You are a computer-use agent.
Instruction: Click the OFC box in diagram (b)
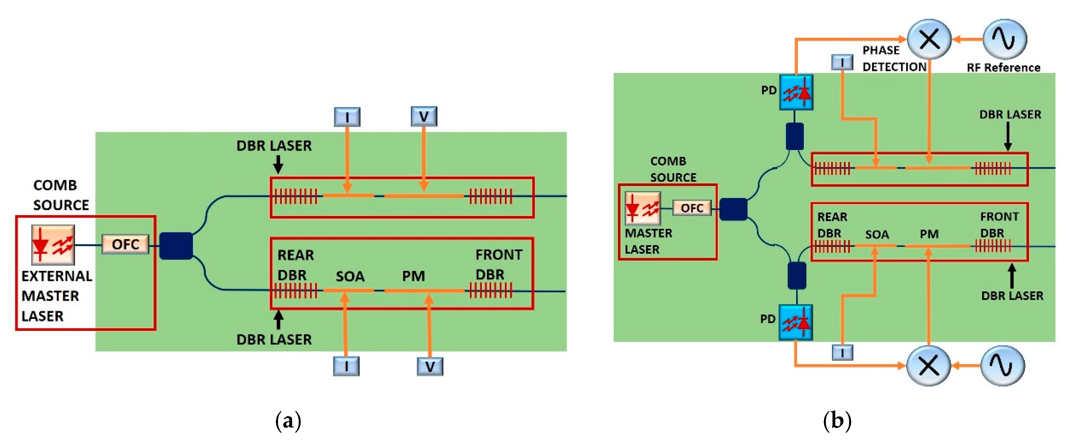tap(692, 208)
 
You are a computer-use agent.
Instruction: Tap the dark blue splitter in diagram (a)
tap(176, 246)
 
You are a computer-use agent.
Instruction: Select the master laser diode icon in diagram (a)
tap(53, 245)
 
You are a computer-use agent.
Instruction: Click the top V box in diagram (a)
tap(424, 116)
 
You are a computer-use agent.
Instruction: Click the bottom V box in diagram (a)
tap(430, 366)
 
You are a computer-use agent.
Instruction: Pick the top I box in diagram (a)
tap(347, 117)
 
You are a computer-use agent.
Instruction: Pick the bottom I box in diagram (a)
tap(346, 366)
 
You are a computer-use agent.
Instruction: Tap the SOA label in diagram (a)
tap(350, 276)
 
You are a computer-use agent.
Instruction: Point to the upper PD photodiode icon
tap(796, 93)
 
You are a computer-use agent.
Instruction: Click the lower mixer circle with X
tap(929, 365)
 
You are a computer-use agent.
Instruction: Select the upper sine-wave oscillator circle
tap(1004, 39)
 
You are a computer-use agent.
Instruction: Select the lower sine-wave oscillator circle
tap(1002, 365)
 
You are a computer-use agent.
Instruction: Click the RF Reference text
tap(1003, 68)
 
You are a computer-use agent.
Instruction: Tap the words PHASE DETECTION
tap(894, 59)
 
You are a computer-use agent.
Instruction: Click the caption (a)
tap(288, 421)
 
